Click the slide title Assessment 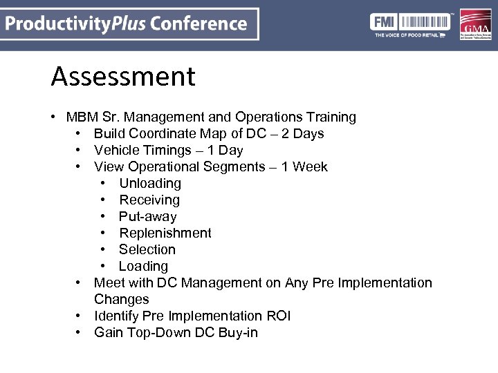(x=123, y=77)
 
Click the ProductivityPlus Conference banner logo (x=129, y=24)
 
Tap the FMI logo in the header (x=411, y=25)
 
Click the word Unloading (x=150, y=184)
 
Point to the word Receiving (x=149, y=200)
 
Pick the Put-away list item (x=147, y=217)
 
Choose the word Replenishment (x=165, y=233)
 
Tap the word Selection (x=147, y=250)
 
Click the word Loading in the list (x=143, y=267)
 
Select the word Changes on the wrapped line (x=122, y=300)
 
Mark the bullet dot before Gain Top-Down (x=81, y=333)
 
